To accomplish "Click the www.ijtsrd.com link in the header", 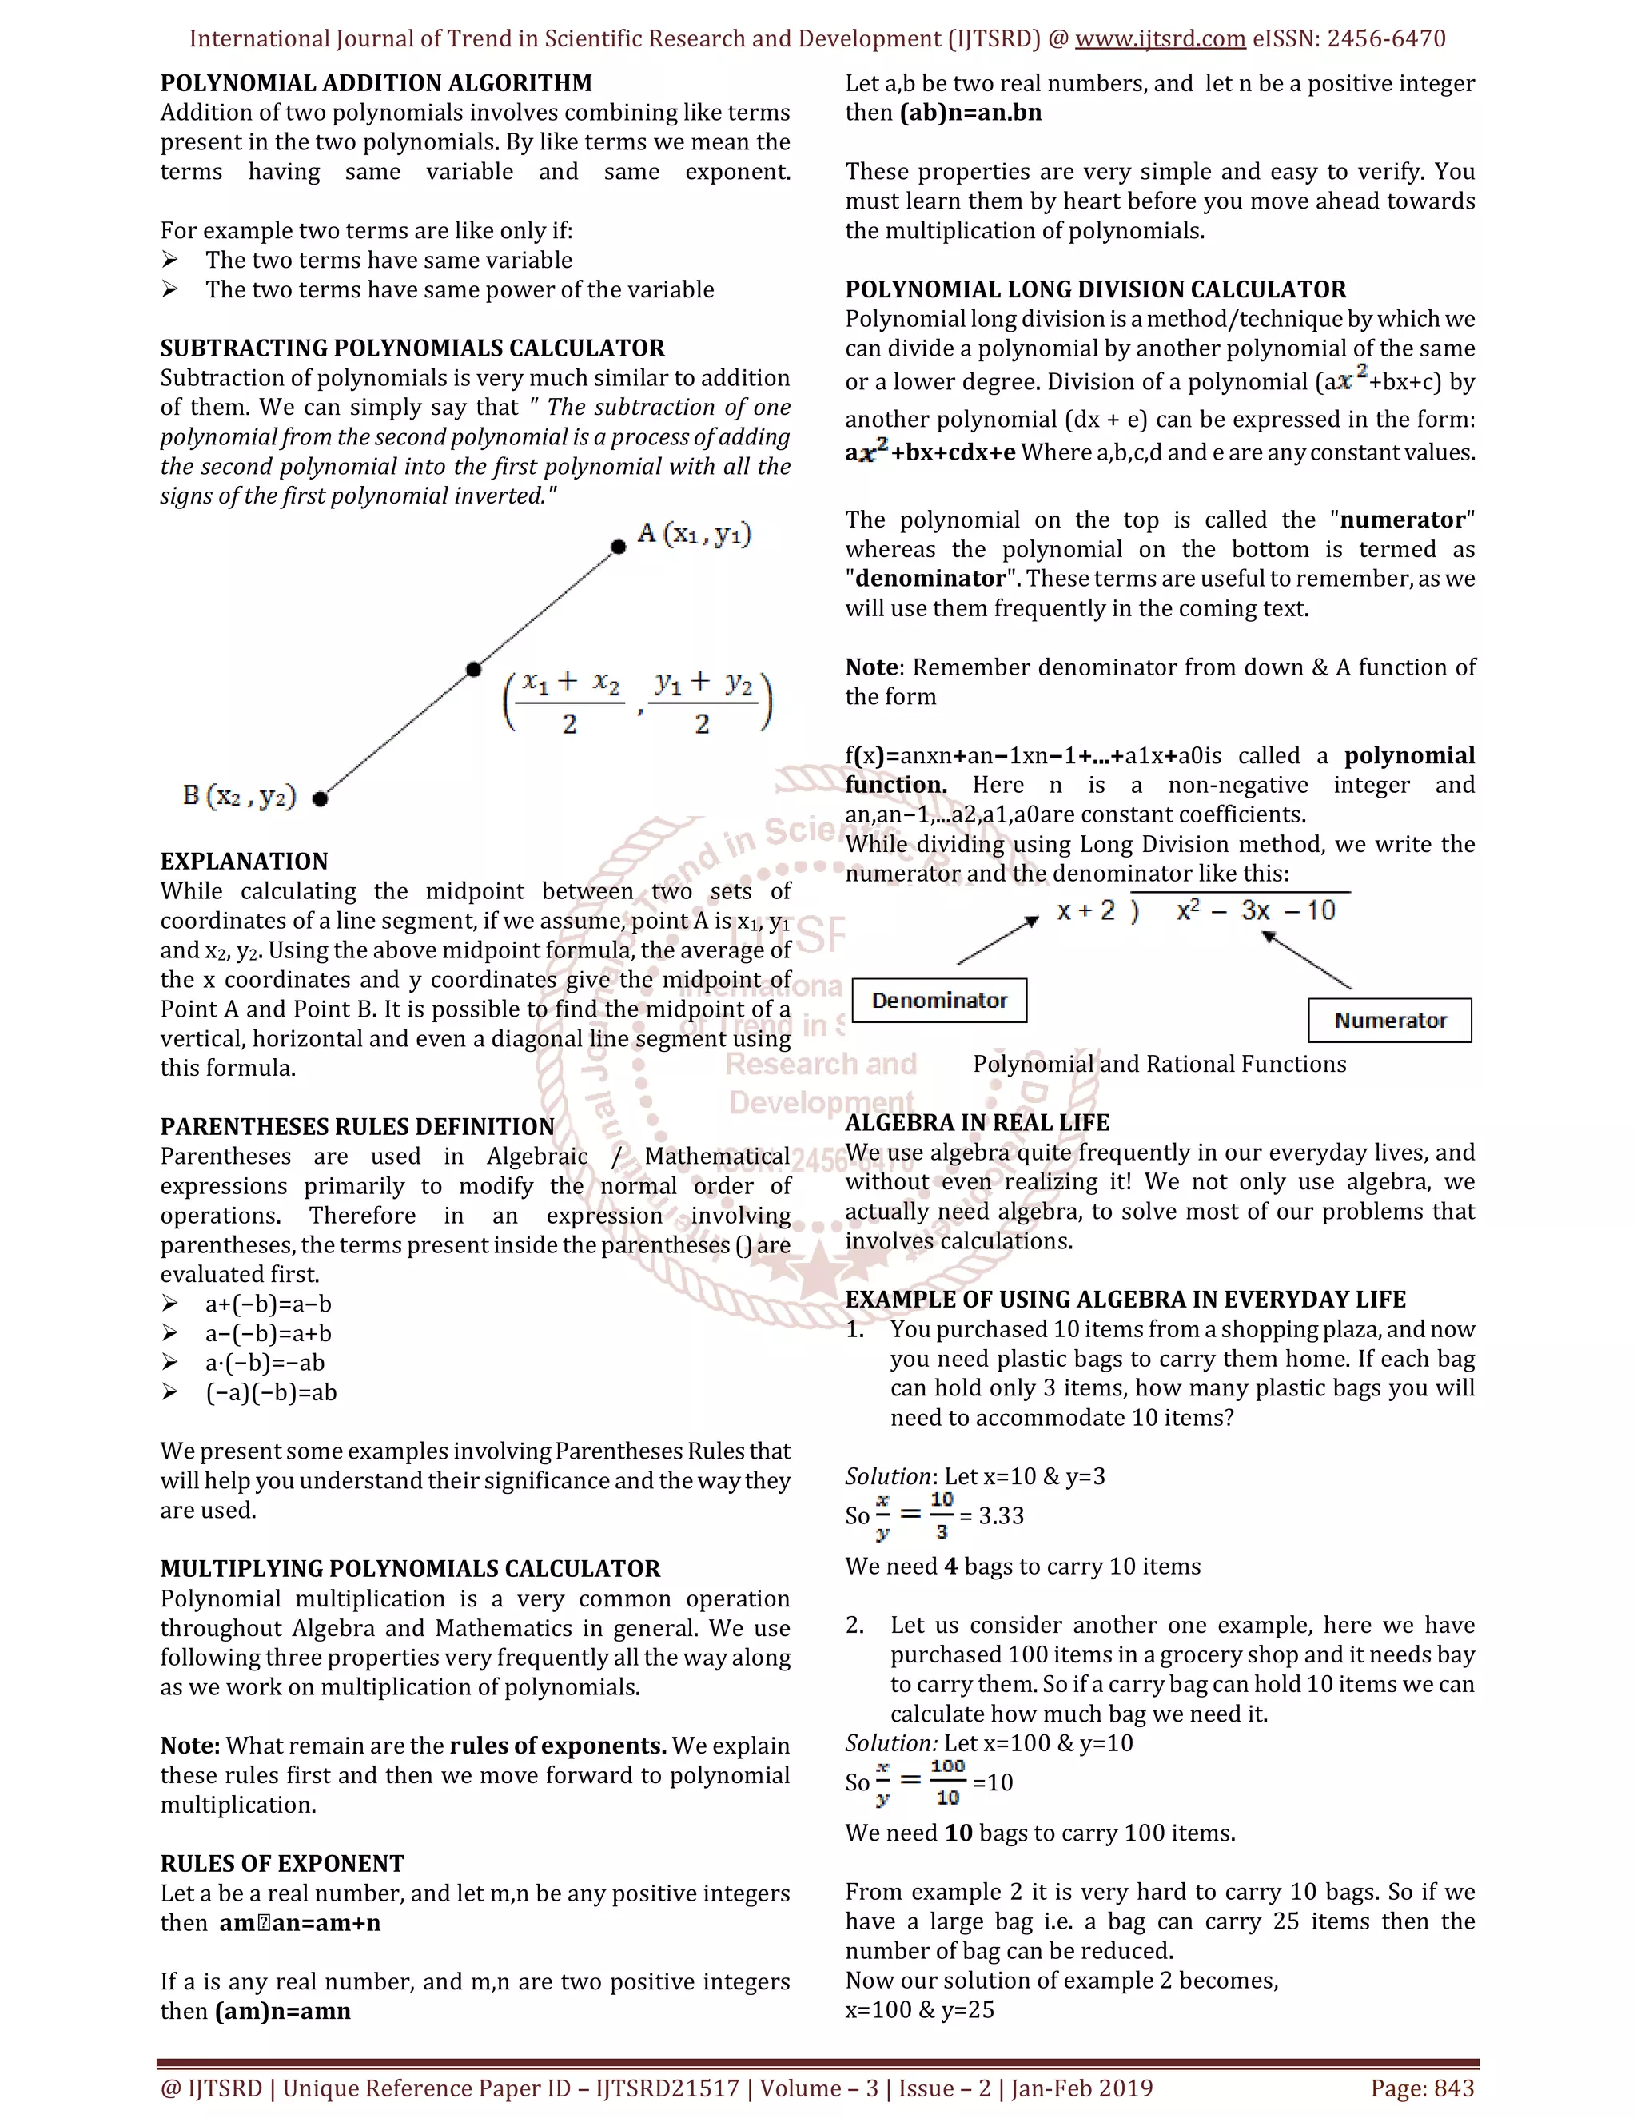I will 1160,39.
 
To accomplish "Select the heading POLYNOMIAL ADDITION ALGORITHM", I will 376,83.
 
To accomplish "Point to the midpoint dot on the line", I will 473,669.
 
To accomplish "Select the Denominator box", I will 938,1000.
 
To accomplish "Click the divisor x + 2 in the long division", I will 1086,910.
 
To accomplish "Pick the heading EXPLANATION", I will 245,861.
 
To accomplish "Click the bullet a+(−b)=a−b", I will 268,1304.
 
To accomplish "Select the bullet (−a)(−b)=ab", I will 271,1392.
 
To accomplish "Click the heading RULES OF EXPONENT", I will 282,1864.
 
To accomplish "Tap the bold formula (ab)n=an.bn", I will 970,113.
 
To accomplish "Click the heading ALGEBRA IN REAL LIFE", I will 977,1123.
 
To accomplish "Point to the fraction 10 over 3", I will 941,1515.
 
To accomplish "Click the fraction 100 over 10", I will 947,1782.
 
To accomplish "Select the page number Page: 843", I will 1422,2088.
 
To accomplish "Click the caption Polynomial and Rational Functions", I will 1159,1064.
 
